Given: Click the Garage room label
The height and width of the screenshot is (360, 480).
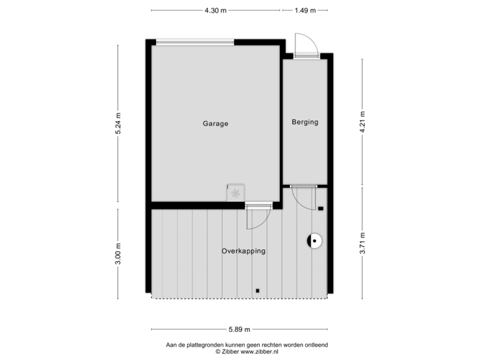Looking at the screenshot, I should click(216, 123).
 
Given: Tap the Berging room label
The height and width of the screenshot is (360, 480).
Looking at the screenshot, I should click(305, 122).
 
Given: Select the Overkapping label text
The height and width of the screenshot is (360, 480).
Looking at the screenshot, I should click(243, 251).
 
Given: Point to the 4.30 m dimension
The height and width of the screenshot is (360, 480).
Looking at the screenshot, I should click(215, 10).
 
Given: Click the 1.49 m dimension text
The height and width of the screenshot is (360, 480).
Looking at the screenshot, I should click(305, 10).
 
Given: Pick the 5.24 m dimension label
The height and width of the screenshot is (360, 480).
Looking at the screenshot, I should click(118, 123).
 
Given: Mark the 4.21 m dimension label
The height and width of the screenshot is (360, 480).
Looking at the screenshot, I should click(363, 123).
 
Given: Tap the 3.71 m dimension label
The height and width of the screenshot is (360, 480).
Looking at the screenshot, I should click(363, 243).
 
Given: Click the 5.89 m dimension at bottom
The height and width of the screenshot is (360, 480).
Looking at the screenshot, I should click(239, 329).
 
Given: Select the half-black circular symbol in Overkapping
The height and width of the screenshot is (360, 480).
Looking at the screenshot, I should click(313, 241).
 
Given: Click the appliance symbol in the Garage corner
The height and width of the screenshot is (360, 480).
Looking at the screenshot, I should click(235, 193).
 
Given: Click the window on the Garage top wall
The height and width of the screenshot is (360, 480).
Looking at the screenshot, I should click(195, 42).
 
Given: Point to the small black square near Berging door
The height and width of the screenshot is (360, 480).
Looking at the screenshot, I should click(321, 209).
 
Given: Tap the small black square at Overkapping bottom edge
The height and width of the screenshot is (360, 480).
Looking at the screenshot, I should click(257, 291).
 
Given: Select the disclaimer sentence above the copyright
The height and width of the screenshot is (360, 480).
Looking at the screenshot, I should click(247, 343).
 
